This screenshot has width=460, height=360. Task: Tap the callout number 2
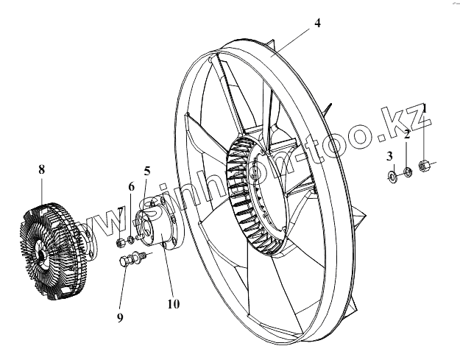(x=406, y=134)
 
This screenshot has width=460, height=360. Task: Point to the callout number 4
(x=317, y=23)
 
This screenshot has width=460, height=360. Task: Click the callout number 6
(x=132, y=186)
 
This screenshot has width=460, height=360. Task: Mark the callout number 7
(x=119, y=211)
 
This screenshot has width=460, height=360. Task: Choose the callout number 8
(x=41, y=170)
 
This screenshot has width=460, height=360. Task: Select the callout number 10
(x=174, y=303)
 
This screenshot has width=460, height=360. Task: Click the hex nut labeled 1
(x=425, y=166)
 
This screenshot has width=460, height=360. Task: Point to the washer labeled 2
(x=406, y=173)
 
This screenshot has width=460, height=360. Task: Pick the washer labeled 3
(x=391, y=176)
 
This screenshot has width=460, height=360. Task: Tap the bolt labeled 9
(x=132, y=260)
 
